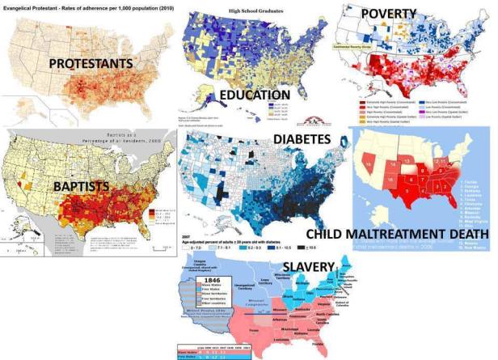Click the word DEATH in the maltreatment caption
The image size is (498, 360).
click(463, 235)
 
